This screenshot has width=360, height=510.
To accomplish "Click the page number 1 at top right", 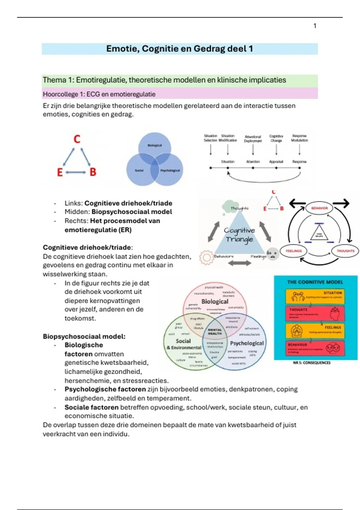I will [315, 26].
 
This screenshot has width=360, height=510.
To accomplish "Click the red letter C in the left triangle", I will [77, 139].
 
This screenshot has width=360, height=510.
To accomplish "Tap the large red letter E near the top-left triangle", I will [60, 172].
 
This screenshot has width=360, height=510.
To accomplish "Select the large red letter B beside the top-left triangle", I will [93, 172].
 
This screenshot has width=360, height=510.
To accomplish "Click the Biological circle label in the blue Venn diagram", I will [154, 145].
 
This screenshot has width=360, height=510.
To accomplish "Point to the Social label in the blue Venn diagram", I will [139, 170].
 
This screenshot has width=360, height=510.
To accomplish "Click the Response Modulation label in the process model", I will [299, 138].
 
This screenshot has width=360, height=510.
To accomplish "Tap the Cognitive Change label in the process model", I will [276, 138].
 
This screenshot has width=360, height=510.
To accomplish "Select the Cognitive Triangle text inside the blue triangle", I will [239, 235].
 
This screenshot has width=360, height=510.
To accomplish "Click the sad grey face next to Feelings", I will [273, 254].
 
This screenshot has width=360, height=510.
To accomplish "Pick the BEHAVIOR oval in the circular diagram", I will [319, 208].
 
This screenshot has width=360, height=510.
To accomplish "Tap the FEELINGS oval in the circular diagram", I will [294, 251].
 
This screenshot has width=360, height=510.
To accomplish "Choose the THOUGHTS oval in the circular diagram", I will [345, 251].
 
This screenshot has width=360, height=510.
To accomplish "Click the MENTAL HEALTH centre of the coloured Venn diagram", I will [215, 331].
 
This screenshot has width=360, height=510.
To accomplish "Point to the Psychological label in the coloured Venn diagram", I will [247, 343].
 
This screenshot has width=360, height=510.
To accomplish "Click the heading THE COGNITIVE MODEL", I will [315, 282].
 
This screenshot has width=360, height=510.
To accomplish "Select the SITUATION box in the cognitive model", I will [315, 296].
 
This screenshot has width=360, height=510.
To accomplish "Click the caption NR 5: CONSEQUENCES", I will [312, 363].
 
